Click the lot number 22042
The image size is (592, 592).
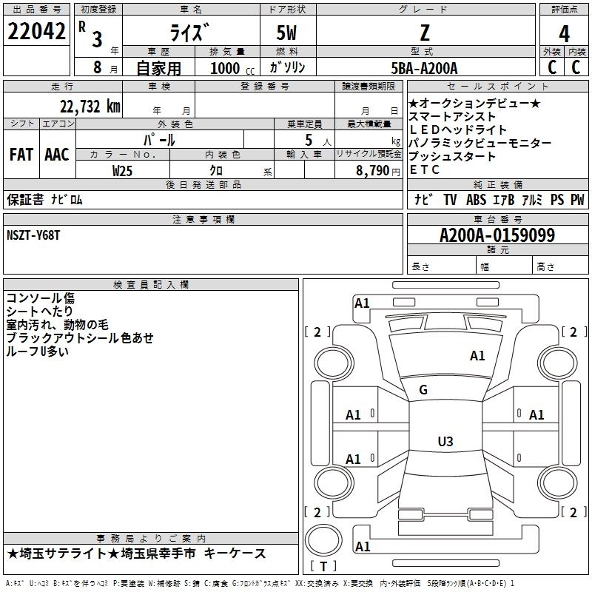pyautogui.click(x=36, y=31)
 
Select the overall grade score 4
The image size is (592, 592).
pyautogui.click(x=564, y=33)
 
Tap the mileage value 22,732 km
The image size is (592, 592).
pyautogui.click(x=90, y=106)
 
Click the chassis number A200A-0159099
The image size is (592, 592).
pyautogui.click(x=497, y=235)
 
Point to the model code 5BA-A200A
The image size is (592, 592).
pyautogui.click(x=424, y=68)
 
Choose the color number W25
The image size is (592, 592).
pyautogui.click(x=122, y=171)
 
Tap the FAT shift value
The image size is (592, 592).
pyautogui.click(x=21, y=155)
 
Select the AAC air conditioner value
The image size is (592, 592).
pyautogui.click(x=57, y=155)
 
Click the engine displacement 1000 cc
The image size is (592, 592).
pyautogui.click(x=232, y=68)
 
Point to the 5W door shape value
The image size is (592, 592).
pyautogui.click(x=286, y=33)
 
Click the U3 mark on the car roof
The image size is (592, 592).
pyautogui.click(x=445, y=441)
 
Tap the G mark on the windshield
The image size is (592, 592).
pyautogui.click(x=423, y=390)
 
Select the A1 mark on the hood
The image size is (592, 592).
pyautogui.click(x=477, y=355)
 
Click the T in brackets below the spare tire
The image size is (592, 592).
pyautogui.click(x=323, y=566)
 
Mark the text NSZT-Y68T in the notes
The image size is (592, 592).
pyautogui.click(x=33, y=235)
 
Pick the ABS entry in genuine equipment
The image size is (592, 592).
pyautogui.click(x=476, y=199)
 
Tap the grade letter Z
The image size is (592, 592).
pyautogui.click(x=425, y=33)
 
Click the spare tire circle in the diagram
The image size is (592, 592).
pyautogui.click(x=323, y=540)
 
